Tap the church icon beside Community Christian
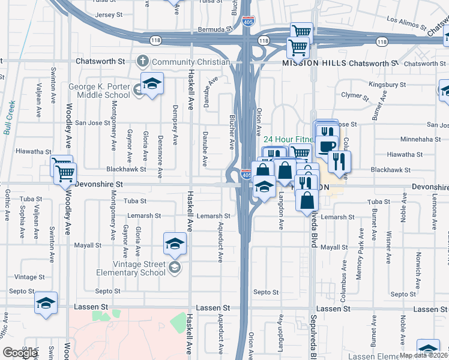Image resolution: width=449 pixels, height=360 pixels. pyautogui.click(x=143, y=61)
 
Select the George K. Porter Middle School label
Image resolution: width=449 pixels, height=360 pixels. pyautogui.click(x=99, y=91)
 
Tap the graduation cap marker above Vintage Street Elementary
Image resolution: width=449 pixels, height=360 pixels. pyautogui.click(x=175, y=243)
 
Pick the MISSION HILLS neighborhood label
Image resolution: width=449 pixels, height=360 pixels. pyautogui.click(x=313, y=63)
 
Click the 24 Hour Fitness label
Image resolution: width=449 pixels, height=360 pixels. pyautogui.click(x=288, y=139)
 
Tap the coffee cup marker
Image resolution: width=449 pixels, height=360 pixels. pyautogui.click(x=327, y=145)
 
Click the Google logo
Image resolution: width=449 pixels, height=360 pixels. pyautogui.click(x=20, y=353)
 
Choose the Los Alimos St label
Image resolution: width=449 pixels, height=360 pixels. pyautogui.click(x=406, y=24)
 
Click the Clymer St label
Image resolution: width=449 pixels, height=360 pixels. pyautogui.click(x=354, y=95)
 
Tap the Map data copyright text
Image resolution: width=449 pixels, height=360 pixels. pyautogui.click(x=423, y=355)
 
